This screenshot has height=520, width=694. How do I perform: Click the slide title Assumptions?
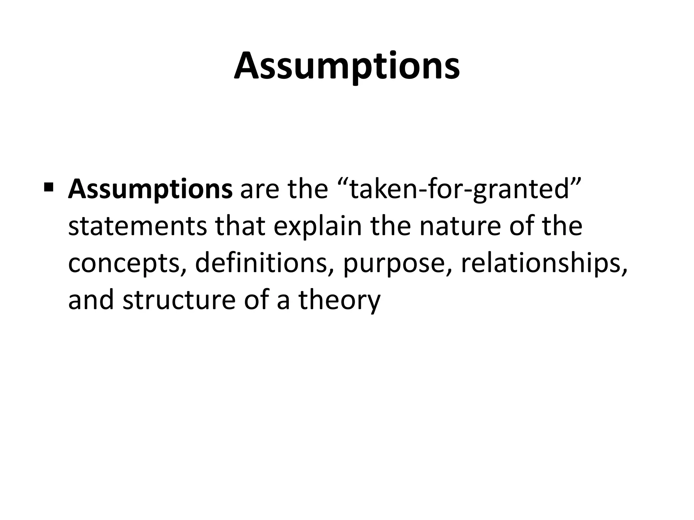347,66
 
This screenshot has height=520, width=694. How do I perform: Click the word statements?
137,227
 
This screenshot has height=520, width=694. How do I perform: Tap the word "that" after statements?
240,227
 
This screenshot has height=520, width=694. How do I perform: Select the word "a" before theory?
283,302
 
